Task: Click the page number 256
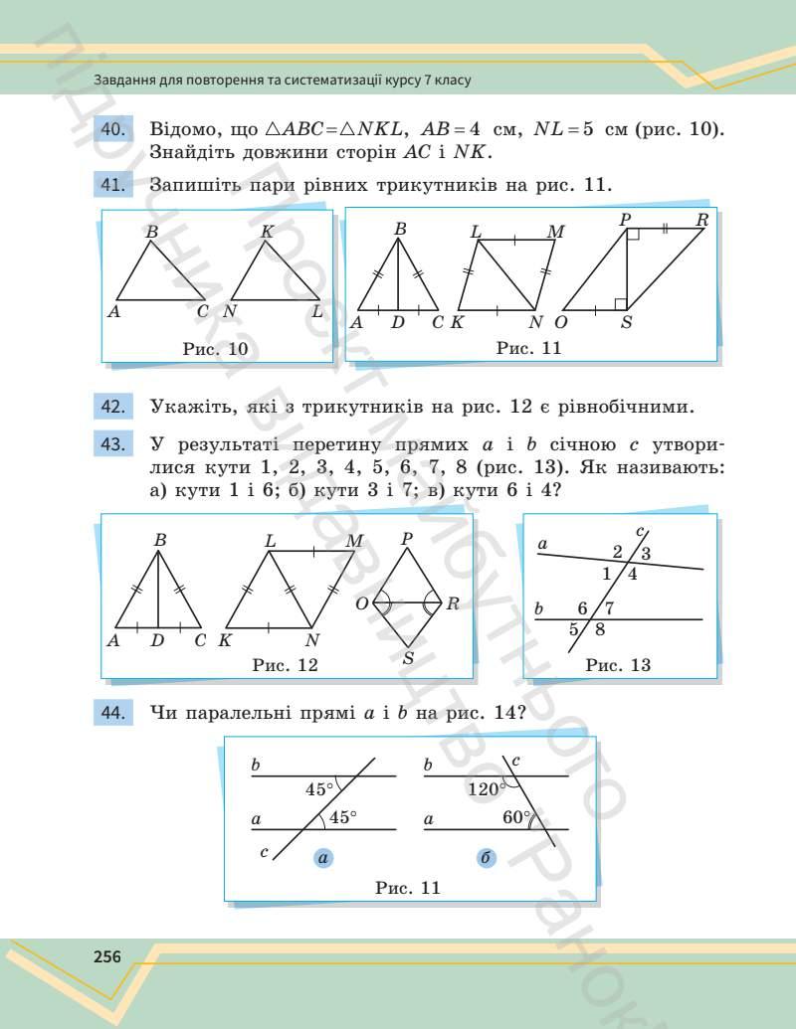106,957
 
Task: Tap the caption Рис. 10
216,348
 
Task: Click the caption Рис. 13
618,665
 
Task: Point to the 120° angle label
484,789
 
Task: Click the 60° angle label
517,817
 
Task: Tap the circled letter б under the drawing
487,859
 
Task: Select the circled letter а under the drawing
323,859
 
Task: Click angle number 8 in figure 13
600,628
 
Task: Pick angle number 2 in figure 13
617,552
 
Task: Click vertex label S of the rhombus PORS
408,657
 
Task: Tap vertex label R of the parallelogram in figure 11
702,220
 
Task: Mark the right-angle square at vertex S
620,303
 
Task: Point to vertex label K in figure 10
267,232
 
